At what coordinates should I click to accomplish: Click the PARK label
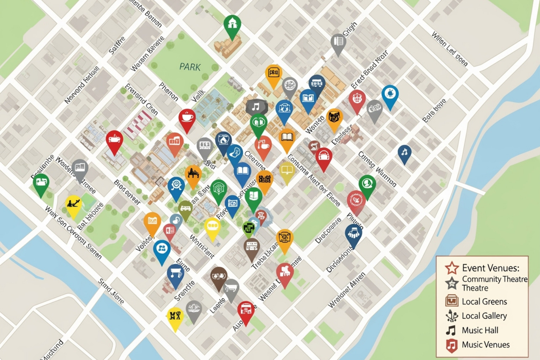190,67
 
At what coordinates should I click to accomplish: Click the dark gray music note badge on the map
256,107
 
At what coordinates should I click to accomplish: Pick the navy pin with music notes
405,153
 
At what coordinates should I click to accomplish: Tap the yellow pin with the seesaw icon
73,205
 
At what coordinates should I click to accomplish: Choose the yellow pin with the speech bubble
212,227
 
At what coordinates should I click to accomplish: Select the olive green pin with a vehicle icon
185,209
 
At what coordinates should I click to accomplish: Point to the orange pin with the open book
287,138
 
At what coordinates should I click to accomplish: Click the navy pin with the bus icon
317,84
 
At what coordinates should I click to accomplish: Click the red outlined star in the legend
452,268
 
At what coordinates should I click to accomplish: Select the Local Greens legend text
484,302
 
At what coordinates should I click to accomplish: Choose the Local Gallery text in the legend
484,316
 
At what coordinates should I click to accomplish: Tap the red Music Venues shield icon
451,345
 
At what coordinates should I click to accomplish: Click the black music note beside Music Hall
451,330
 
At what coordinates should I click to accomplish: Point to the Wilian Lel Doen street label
450,49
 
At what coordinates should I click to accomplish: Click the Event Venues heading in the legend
490,268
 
